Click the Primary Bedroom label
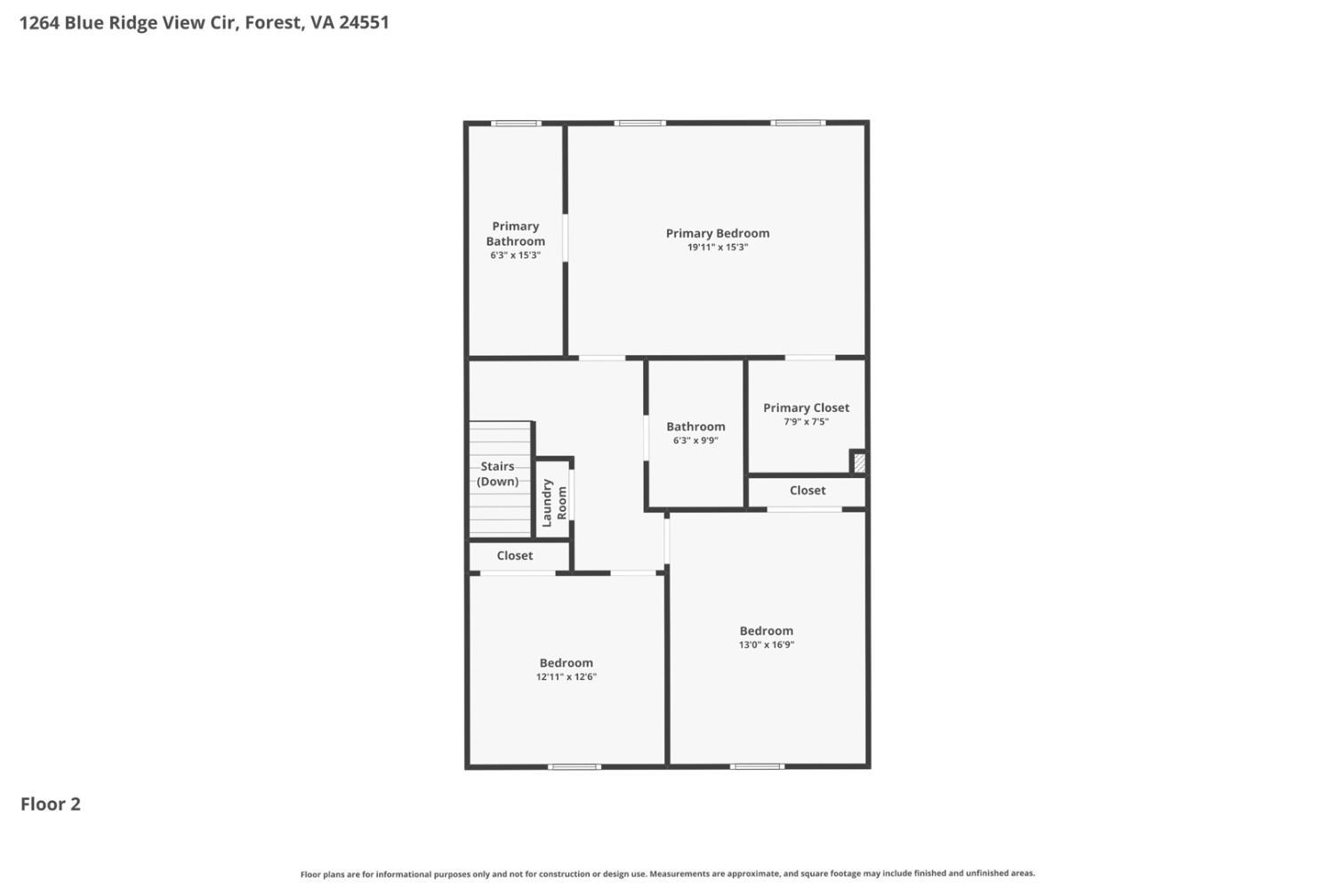pyautogui.click(x=718, y=233)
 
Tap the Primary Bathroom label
pyautogui.click(x=515, y=233)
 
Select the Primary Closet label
pyautogui.click(x=806, y=408)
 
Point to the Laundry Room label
pyautogui.click(x=554, y=502)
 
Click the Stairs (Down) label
pyautogui.click(x=497, y=473)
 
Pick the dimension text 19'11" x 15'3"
pyautogui.click(x=718, y=247)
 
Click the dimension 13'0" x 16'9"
pyautogui.click(x=766, y=645)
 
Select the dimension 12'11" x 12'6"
pyautogui.click(x=566, y=677)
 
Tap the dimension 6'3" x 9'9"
pyautogui.click(x=695, y=441)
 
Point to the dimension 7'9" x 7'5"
pyautogui.click(x=806, y=422)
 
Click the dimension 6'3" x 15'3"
pyautogui.click(x=515, y=255)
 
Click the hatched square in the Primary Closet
pyautogui.click(x=859, y=463)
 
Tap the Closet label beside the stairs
pyautogui.click(x=515, y=555)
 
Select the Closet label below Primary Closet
pyautogui.click(x=808, y=490)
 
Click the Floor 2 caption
pyautogui.click(x=51, y=804)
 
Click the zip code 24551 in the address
pyautogui.click(x=364, y=22)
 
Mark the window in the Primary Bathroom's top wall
pyautogui.click(x=516, y=123)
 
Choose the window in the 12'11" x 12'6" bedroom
pyautogui.click(x=574, y=766)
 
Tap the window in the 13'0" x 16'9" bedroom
pyautogui.click(x=757, y=766)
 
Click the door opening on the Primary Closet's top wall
pyautogui.click(x=809, y=358)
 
